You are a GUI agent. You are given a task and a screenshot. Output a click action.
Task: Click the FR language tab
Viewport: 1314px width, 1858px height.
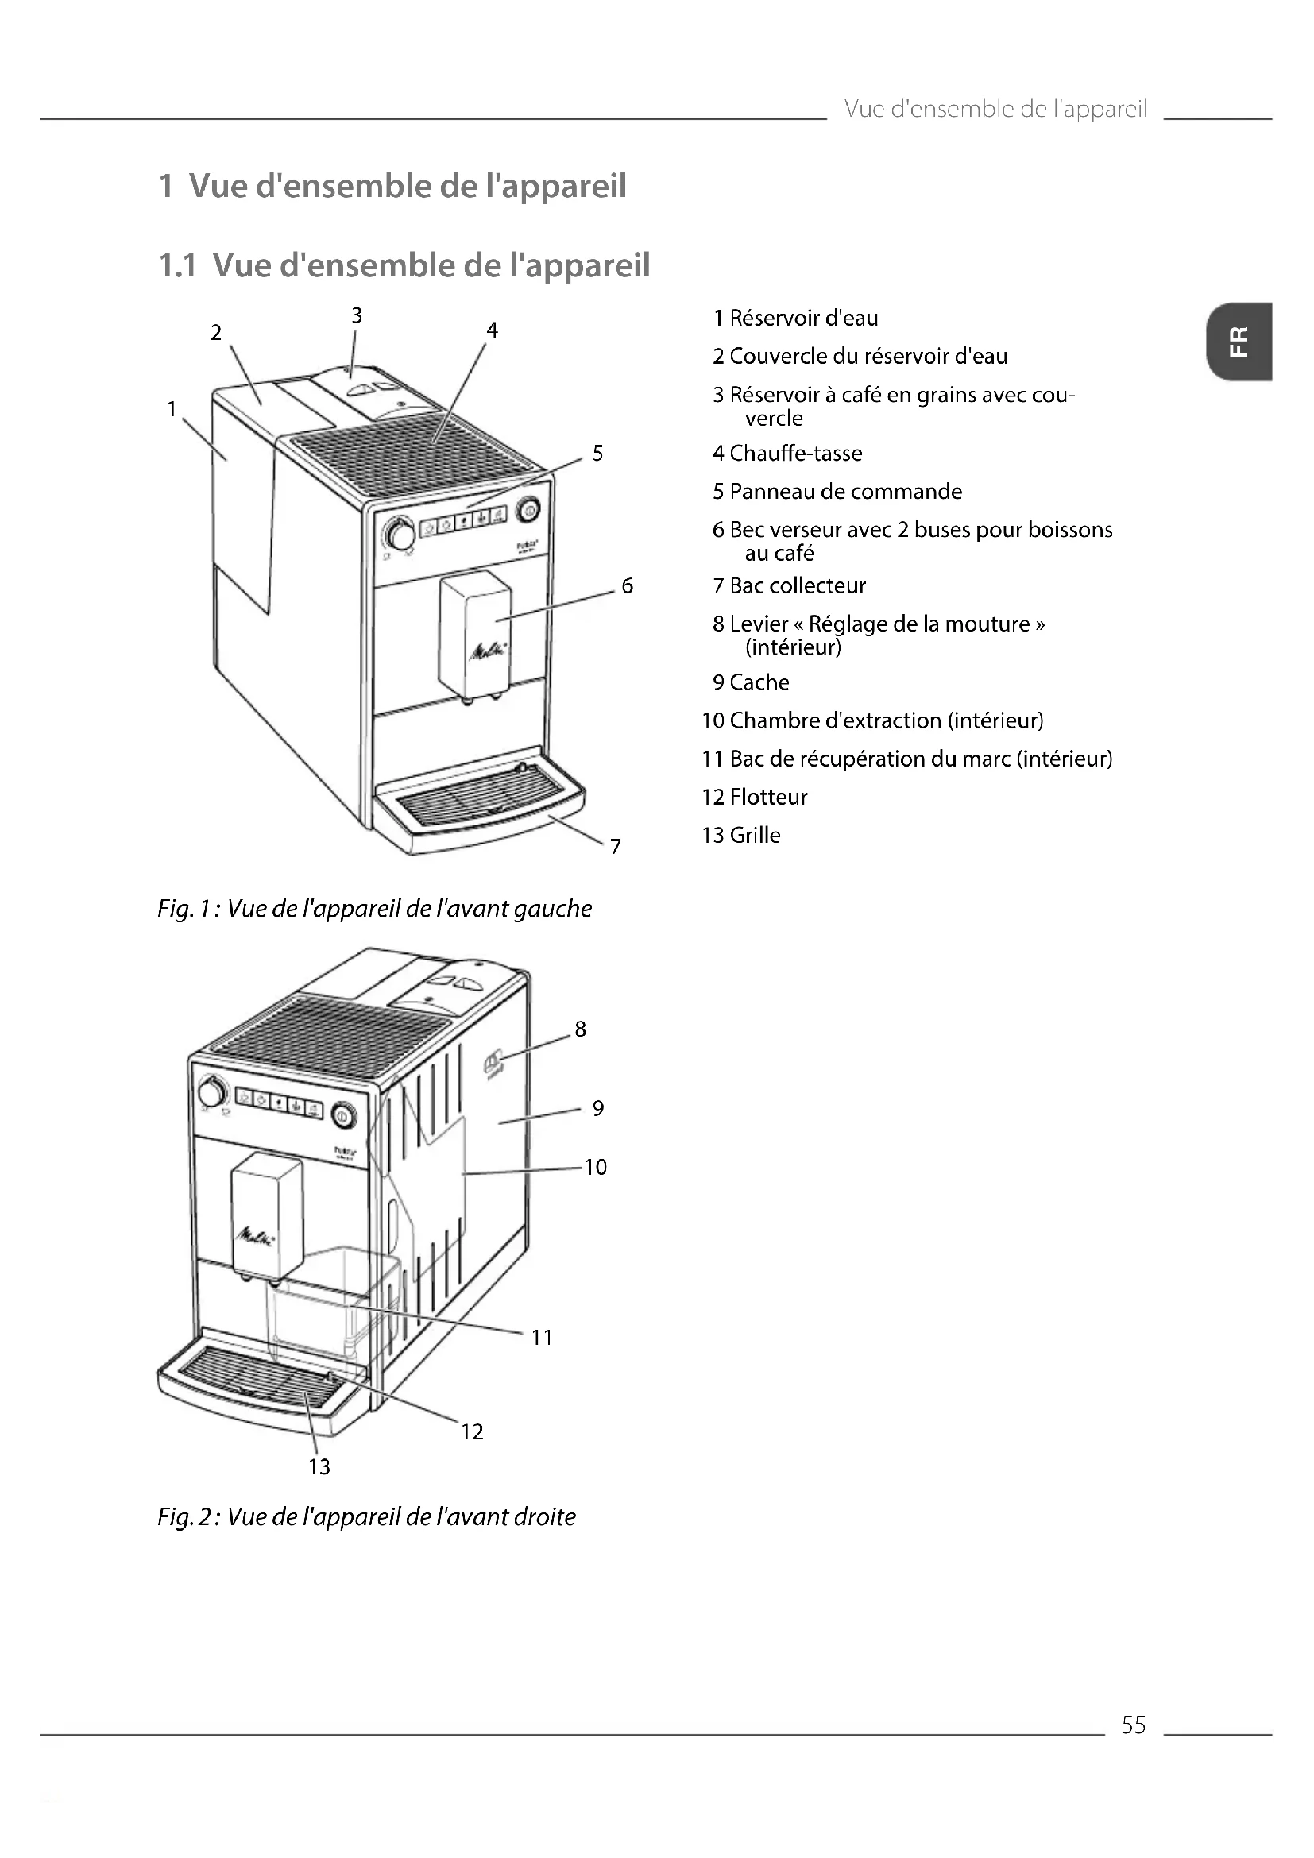pos(1238,342)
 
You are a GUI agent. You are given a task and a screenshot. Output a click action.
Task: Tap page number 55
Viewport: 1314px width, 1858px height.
pos(1133,1725)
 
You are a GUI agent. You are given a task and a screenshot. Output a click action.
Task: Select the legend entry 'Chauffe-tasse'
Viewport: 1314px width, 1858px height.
pos(786,453)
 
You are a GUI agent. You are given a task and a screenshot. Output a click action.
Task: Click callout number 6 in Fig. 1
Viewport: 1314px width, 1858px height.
pos(626,586)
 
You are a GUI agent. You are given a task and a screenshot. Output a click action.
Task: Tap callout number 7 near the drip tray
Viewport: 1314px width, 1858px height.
pos(616,847)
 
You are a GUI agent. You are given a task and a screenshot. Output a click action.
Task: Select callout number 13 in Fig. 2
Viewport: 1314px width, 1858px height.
pos(319,1466)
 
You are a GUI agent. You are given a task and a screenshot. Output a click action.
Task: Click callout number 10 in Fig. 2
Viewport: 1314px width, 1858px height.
pos(595,1167)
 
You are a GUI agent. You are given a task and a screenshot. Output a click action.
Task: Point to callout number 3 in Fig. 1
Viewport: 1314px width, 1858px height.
pos(356,315)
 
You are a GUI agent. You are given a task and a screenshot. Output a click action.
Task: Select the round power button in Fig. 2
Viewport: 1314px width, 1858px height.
pos(342,1116)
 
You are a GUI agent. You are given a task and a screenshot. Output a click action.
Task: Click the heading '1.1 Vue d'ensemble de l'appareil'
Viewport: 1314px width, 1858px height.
pos(404,265)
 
